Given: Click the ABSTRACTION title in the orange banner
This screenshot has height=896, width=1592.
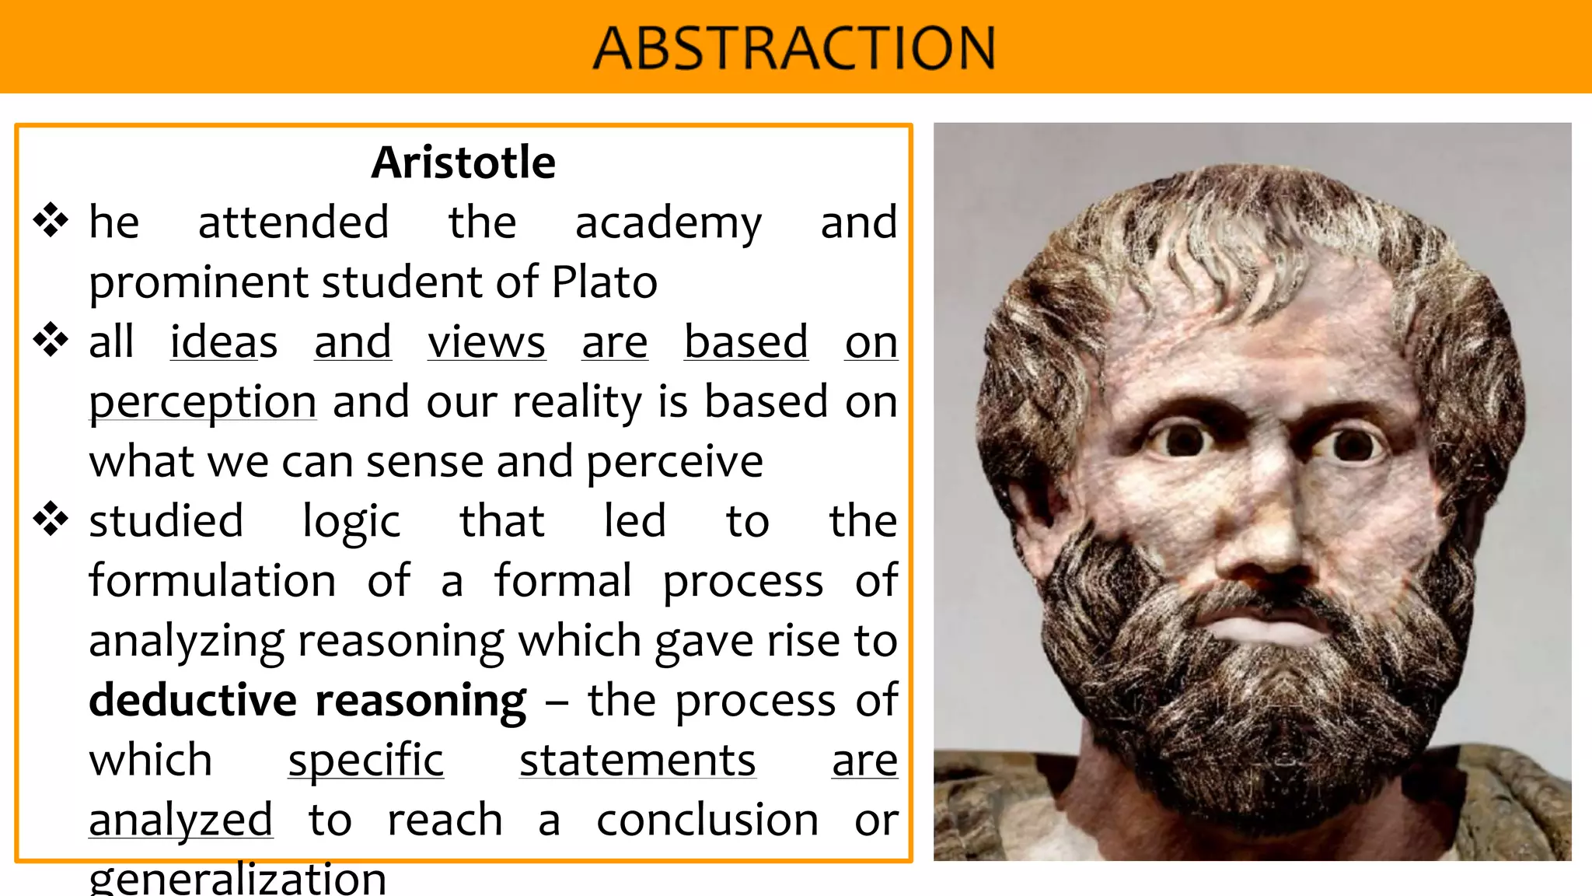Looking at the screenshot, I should (x=794, y=48).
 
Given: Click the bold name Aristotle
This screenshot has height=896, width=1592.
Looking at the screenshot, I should (x=463, y=163).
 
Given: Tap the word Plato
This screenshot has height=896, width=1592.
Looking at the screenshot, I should (x=604, y=282).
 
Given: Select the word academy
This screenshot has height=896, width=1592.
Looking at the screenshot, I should (x=669, y=223).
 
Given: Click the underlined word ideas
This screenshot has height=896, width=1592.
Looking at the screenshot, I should (x=224, y=342).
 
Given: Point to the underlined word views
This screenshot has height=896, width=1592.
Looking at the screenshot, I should (x=487, y=342).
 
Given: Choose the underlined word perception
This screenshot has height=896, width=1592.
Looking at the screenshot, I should (x=202, y=403).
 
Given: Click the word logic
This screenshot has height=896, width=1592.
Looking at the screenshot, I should (x=351, y=521).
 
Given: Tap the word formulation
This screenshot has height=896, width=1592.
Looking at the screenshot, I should (x=212, y=581).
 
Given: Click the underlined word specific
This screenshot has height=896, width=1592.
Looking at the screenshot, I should (x=365, y=761).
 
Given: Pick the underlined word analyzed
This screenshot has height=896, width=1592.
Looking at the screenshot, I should (x=180, y=821).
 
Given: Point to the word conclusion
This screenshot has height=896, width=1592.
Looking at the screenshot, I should (x=707, y=821).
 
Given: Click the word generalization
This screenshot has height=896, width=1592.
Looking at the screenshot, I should (x=237, y=879).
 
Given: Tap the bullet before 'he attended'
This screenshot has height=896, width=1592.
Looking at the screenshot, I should (x=51, y=220).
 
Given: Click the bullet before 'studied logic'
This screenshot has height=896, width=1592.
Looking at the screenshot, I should (x=51, y=520).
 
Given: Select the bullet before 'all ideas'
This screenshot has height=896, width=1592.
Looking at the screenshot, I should (x=51, y=340).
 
